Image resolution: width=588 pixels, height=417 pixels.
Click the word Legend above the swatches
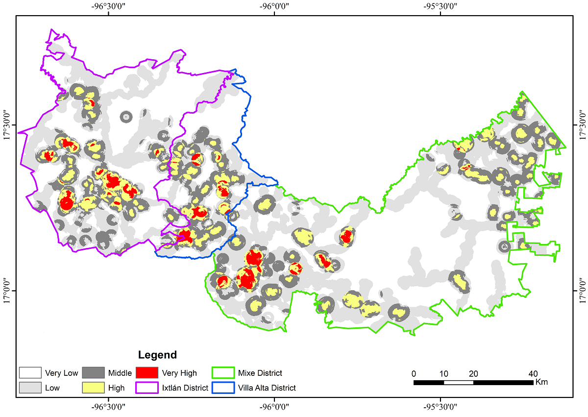[x=157, y=355]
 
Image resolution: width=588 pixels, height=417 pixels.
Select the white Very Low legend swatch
[x=29, y=373]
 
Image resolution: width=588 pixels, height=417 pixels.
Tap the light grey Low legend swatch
[x=29, y=388]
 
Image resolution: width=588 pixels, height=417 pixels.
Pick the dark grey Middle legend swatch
[x=93, y=373]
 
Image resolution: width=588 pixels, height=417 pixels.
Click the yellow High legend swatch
[x=93, y=388]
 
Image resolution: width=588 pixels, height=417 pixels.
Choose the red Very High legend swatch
[x=147, y=373]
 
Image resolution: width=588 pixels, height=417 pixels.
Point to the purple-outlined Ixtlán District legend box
[x=147, y=388]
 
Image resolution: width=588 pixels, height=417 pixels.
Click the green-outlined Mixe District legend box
[x=223, y=373]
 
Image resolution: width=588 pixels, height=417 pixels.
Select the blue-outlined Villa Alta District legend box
[x=223, y=388]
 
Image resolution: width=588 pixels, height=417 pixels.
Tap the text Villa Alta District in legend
[x=267, y=388]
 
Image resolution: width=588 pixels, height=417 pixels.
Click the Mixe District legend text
[x=260, y=373]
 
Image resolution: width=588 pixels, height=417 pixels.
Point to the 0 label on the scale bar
[x=414, y=373]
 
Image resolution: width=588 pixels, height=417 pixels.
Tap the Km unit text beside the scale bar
[x=542, y=382]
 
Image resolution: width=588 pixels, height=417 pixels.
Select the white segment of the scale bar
[x=459, y=382]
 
